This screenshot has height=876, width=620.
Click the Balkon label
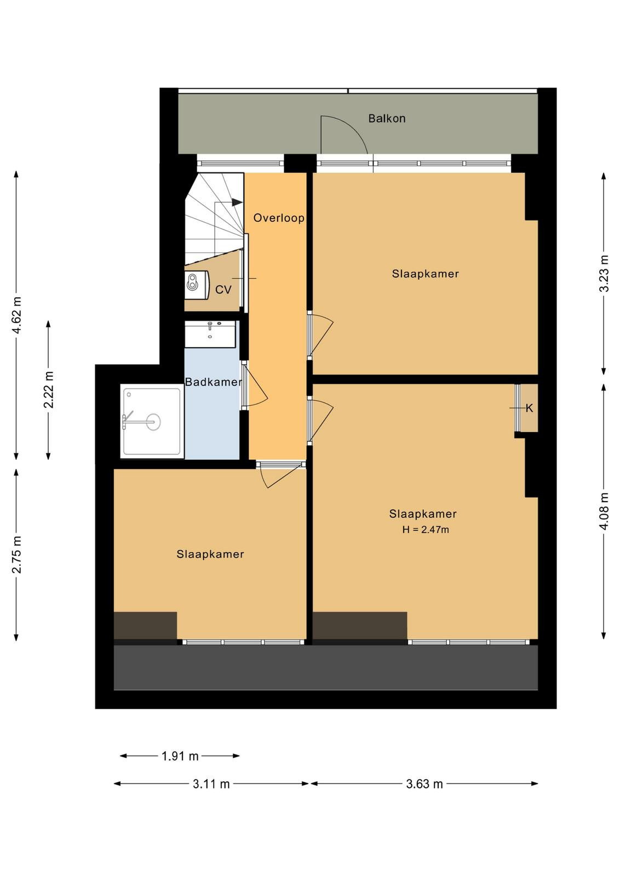tap(387, 118)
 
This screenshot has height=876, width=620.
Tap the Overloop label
tap(279, 218)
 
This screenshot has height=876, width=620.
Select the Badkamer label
tap(213, 382)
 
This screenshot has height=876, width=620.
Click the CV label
tap(223, 290)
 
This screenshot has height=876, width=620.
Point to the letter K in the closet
tap(529, 408)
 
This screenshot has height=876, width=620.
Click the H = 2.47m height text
tap(426, 530)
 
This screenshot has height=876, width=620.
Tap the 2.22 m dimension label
tap(49, 389)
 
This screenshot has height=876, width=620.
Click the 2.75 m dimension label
tap(17, 554)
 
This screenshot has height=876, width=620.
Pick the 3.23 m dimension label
tap(604, 273)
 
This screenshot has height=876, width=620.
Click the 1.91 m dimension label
tap(180, 756)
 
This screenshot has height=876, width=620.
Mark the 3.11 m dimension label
tap(211, 783)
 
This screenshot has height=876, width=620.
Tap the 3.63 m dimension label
tap(424, 783)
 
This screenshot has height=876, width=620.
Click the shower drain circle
tap(153, 422)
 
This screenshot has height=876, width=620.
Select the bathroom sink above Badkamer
tap(210, 334)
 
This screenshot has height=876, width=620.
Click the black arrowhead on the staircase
tap(237, 202)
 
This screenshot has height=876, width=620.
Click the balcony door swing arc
tap(344, 134)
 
